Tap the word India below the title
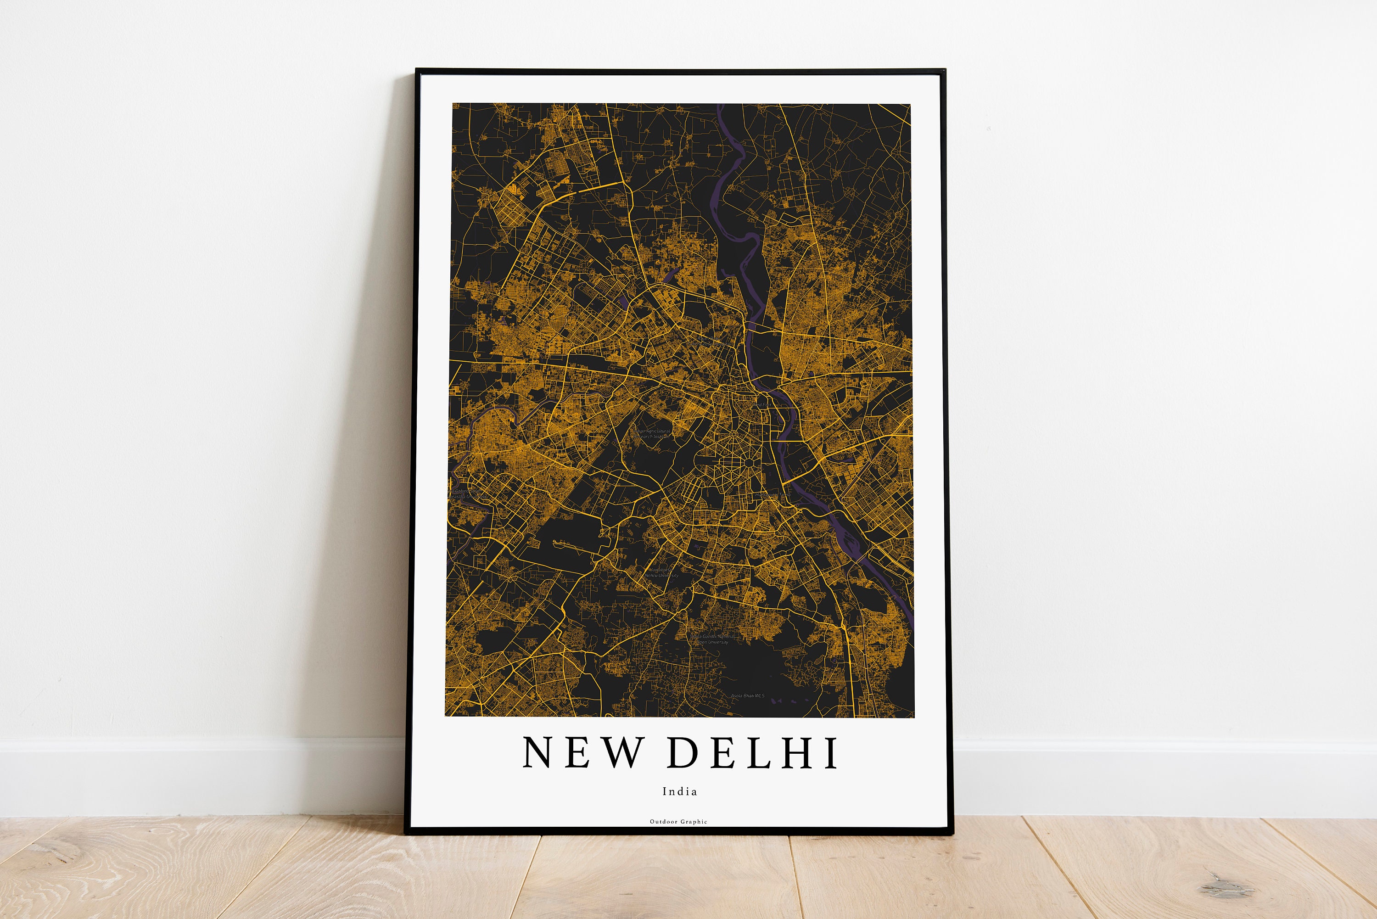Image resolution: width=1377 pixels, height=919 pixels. [x=680, y=791]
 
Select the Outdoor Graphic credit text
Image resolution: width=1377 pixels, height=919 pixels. [x=678, y=822]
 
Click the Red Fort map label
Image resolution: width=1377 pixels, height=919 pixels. [x=762, y=405]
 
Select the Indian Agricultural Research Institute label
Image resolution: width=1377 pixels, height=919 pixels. [x=653, y=434]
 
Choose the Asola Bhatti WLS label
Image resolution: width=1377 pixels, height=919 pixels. [x=747, y=696]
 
